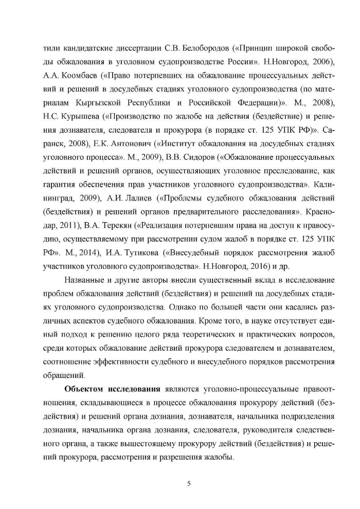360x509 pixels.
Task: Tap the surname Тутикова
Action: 139,252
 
